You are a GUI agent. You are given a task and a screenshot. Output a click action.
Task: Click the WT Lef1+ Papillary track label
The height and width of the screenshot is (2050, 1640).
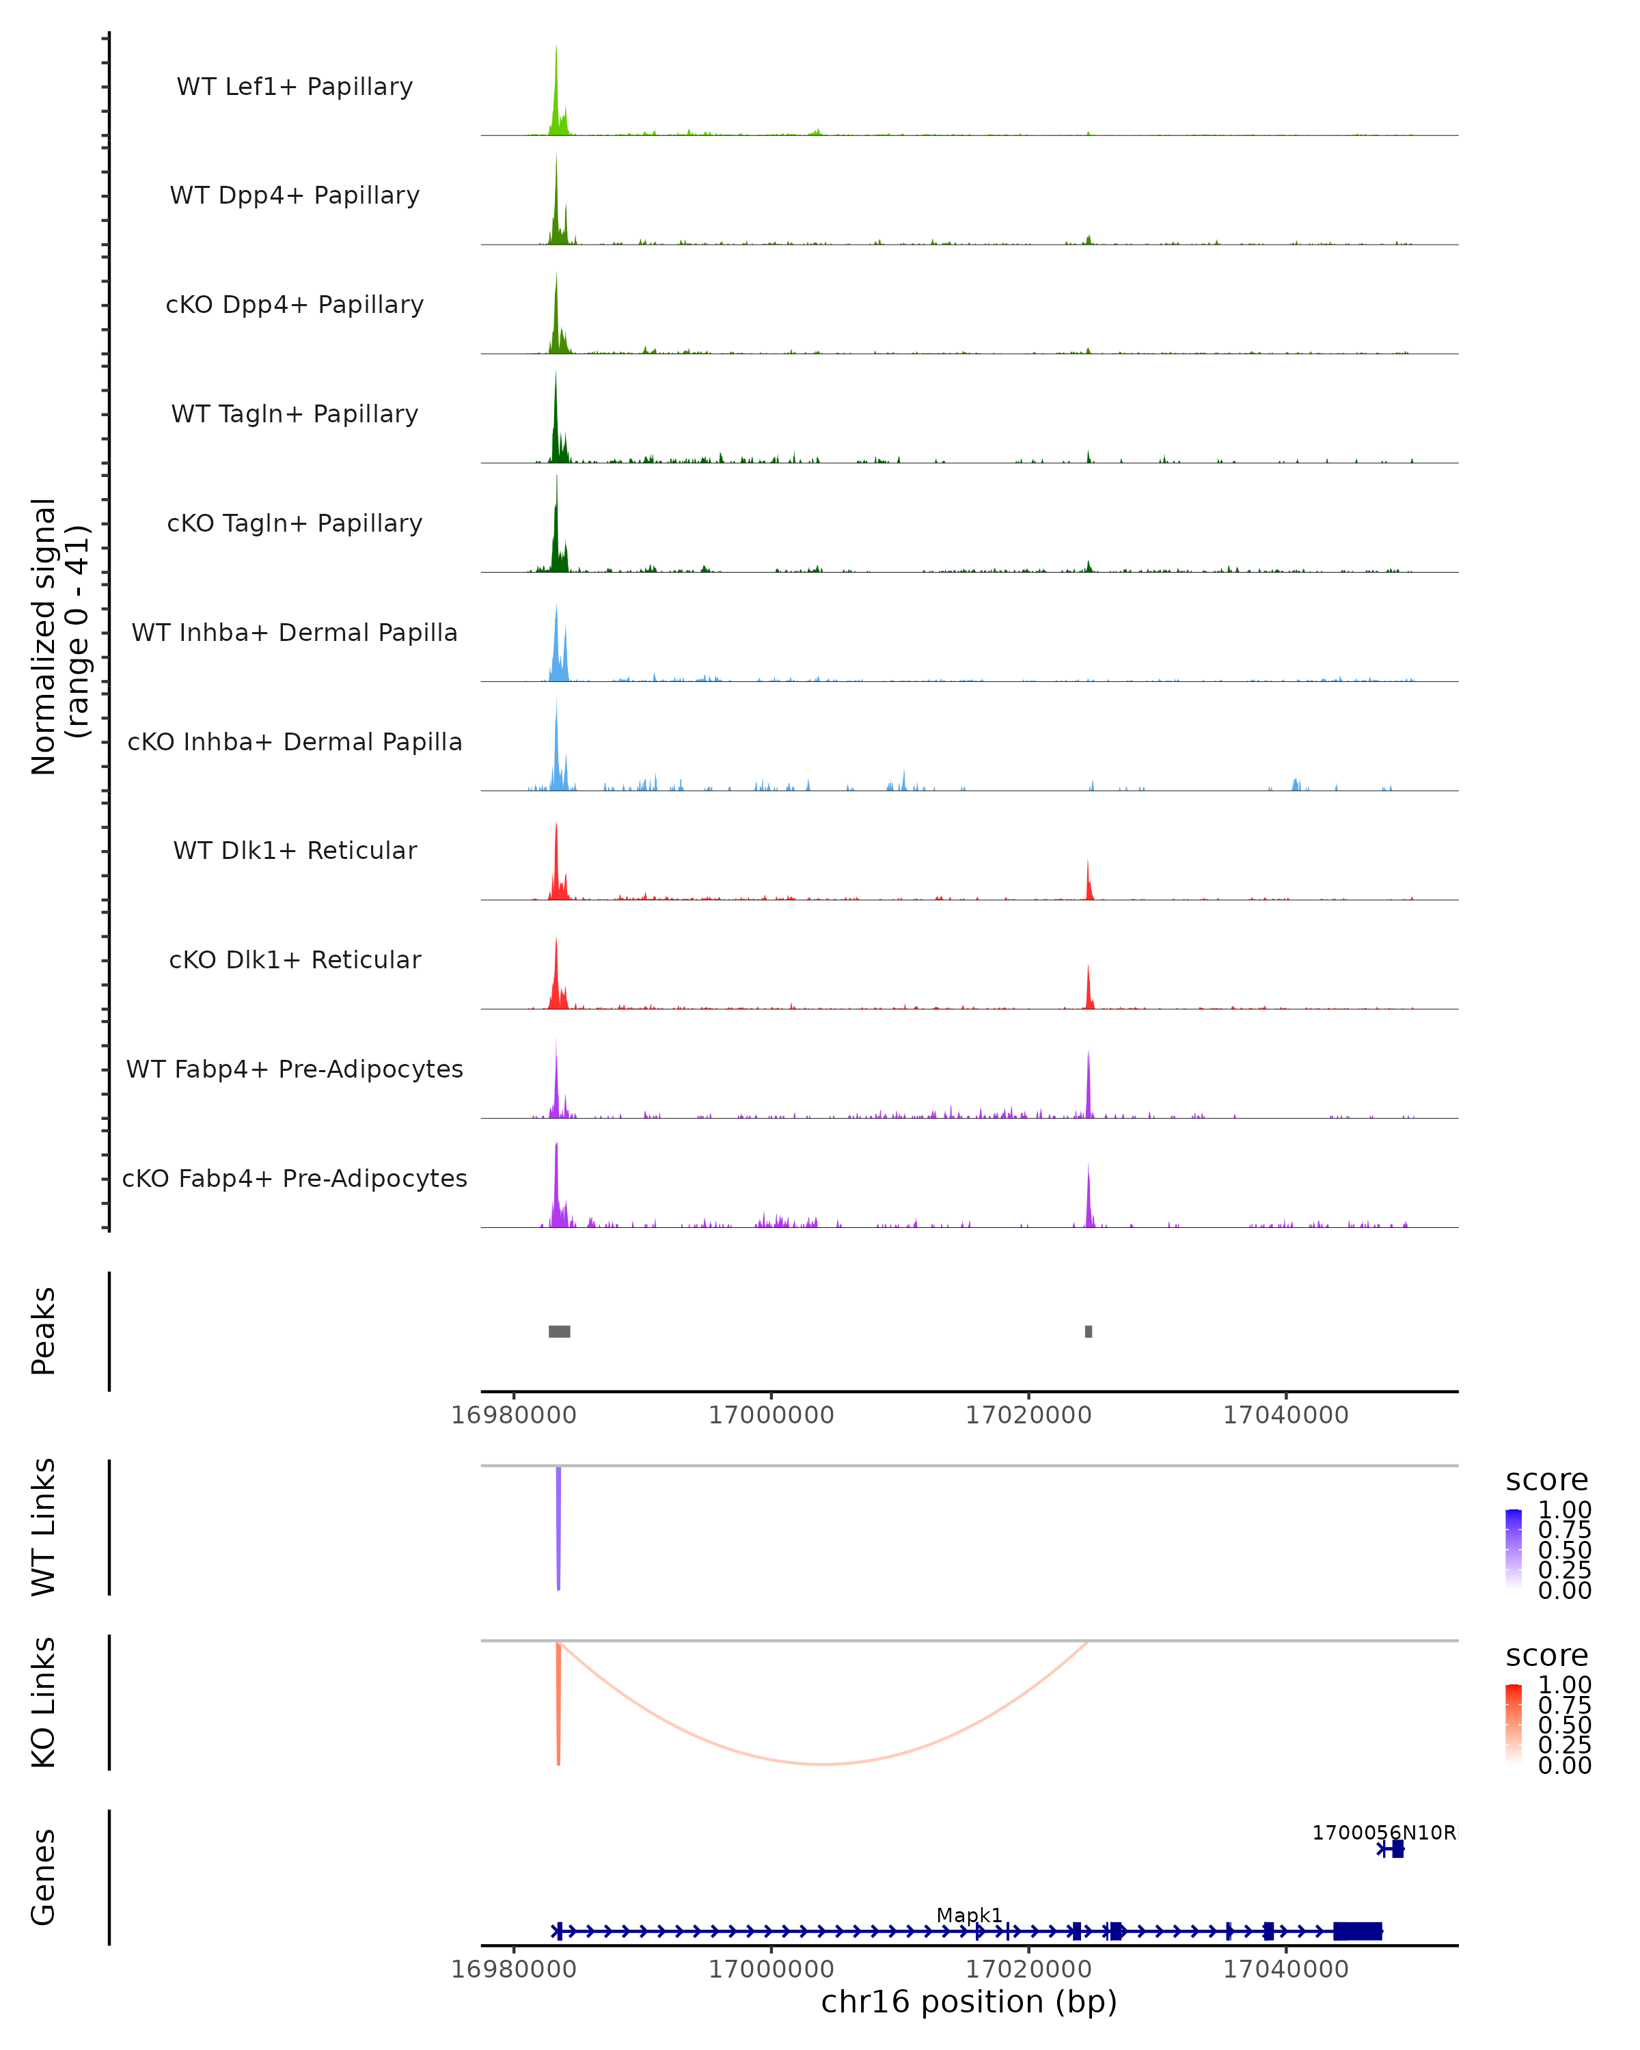click(295, 87)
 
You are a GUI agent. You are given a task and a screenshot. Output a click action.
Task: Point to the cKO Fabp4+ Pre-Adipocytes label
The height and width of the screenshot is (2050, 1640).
click(295, 1178)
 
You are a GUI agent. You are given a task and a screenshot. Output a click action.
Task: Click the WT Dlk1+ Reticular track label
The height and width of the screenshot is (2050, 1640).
click(295, 851)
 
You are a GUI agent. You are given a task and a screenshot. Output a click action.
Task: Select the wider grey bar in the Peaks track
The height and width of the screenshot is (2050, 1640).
click(559, 1331)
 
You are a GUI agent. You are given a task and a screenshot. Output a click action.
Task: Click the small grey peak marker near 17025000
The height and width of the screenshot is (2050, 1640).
click(1089, 1331)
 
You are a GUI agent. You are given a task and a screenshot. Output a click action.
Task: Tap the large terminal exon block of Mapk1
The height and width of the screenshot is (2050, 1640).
click(1356, 1931)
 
